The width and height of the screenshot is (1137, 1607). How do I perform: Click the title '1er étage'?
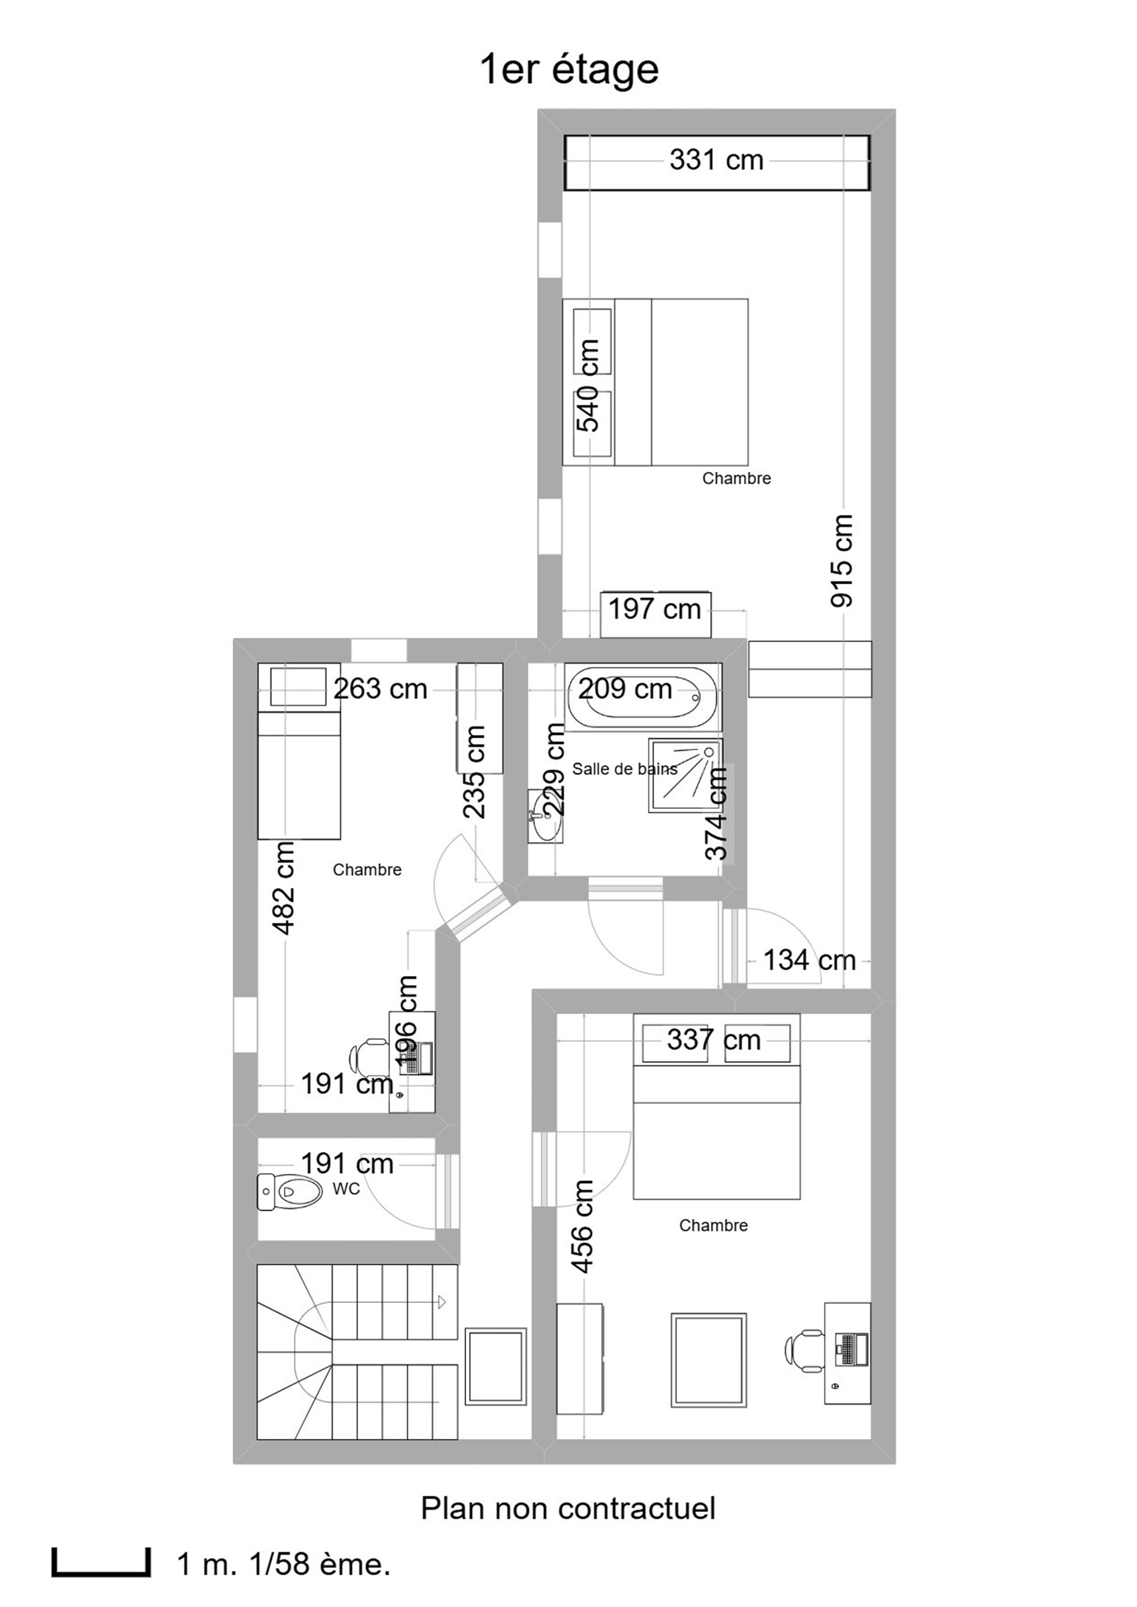568,70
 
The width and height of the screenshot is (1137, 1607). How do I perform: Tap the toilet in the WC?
290,1191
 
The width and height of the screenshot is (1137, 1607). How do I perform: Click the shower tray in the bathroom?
686,775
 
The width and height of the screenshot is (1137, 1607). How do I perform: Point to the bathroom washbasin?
545,815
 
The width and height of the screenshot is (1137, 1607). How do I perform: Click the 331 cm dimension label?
716,160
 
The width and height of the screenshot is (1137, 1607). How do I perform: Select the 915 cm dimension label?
843,561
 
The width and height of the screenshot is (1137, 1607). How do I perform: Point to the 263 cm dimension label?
380,690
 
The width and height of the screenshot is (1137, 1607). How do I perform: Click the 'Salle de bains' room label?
625,769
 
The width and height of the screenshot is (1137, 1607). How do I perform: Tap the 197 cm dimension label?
654,609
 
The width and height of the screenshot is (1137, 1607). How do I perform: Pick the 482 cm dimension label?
284,888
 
